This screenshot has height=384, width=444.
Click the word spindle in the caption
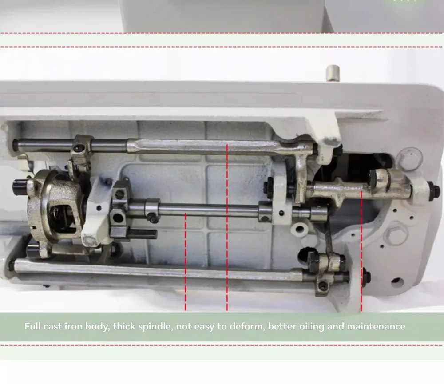click(x=155, y=327)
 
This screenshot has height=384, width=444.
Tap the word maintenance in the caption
click(x=376, y=326)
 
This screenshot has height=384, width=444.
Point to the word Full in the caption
click(x=32, y=326)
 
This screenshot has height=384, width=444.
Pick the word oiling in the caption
click(x=312, y=327)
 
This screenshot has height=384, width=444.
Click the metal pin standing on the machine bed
click(x=333, y=73)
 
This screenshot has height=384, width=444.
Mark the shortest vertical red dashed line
click(x=186, y=261)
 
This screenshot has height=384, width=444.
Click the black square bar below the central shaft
click(x=143, y=234)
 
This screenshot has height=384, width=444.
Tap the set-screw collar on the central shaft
click(x=152, y=210)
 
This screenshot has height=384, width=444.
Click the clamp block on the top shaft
click(x=81, y=150)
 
